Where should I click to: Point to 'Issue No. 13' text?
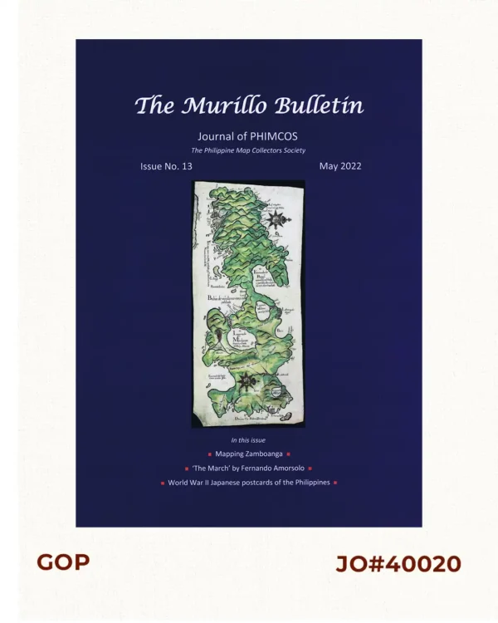(x=166, y=166)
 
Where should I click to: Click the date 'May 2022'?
(x=340, y=166)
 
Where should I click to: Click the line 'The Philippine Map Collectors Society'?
(x=248, y=150)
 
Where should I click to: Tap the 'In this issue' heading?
(x=248, y=439)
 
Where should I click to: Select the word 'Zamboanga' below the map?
(x=262, y=454)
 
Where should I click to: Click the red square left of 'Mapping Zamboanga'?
(x=209, y=454)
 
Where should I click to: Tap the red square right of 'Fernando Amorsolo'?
(x=310, y=468)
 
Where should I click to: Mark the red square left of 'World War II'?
(x=163, y=483)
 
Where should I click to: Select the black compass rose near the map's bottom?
(x=246, y=381)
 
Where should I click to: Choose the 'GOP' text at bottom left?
(x=63, y=562)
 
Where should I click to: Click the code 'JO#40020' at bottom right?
(x=398, y=564)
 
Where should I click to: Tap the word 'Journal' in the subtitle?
(x=217, y=136)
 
